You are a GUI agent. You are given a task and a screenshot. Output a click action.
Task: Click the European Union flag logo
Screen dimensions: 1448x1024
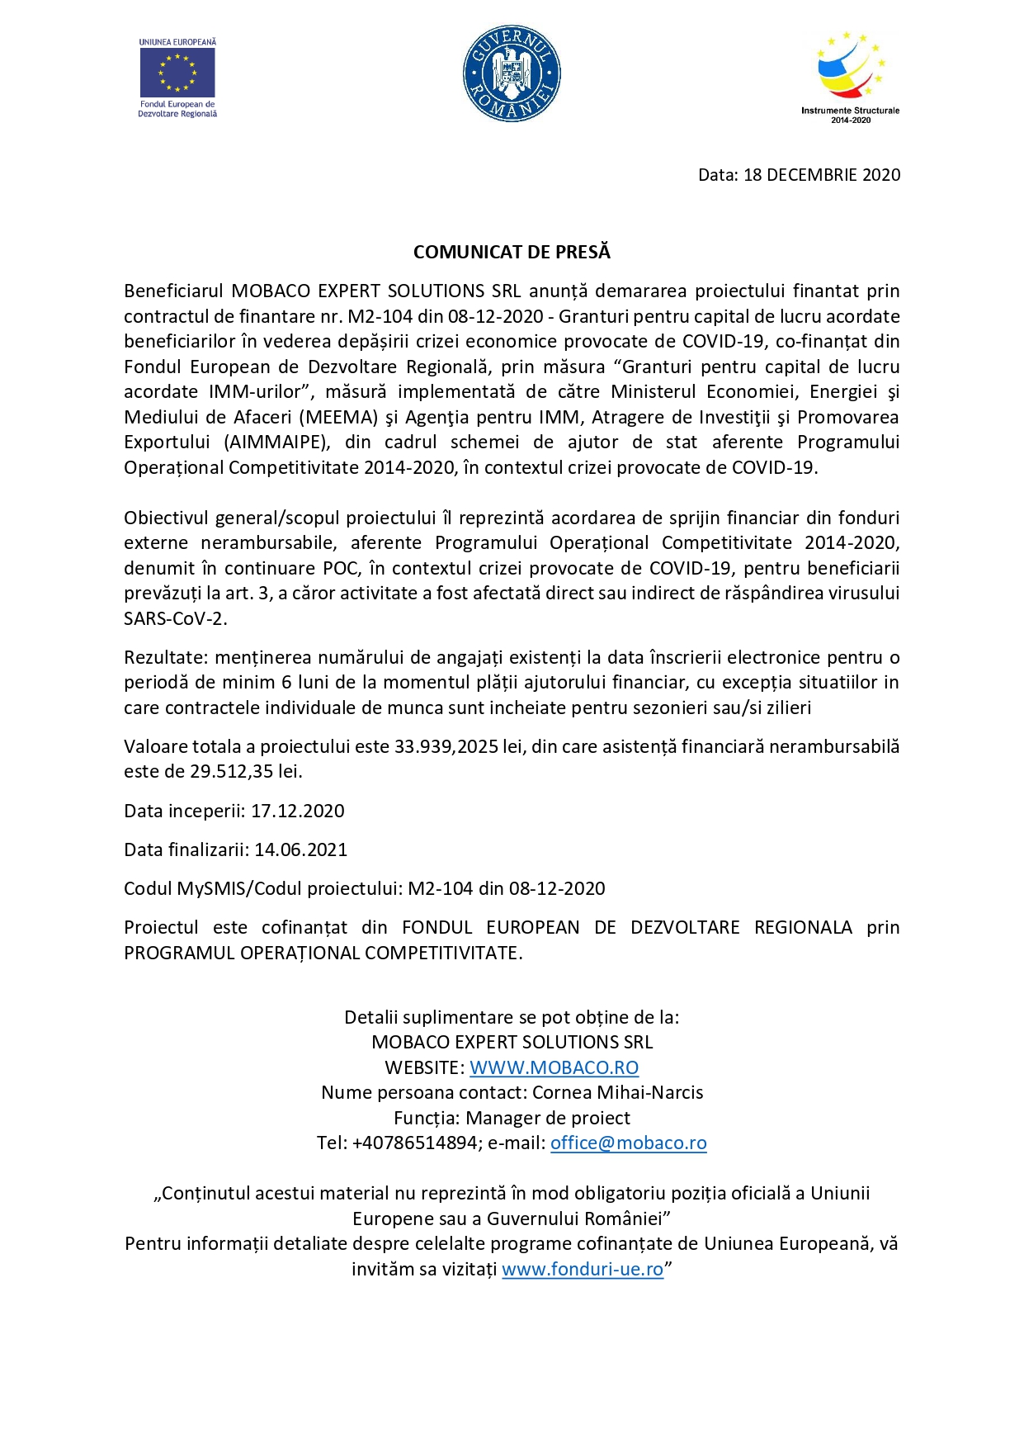tap(177, 73)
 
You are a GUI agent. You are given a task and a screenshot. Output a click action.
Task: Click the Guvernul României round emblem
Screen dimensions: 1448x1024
tap(512, 73)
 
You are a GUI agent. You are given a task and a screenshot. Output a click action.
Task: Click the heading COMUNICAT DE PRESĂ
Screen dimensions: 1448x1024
tap(512, 253)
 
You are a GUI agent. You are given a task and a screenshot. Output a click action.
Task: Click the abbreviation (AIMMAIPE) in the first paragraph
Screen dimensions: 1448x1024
tap(276, 442)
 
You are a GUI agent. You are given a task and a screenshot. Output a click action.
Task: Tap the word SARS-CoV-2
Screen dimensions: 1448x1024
tap(175, 618)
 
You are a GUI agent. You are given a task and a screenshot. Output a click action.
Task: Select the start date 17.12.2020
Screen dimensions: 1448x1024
tap(298, 812)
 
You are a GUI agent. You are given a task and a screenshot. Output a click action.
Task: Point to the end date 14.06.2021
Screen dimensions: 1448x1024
tap(301, 850)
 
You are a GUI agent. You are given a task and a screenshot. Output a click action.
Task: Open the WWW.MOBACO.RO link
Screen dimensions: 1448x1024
tap(554, 1068)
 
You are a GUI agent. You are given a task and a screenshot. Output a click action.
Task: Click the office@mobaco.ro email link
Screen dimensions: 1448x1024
tap(628, 1143)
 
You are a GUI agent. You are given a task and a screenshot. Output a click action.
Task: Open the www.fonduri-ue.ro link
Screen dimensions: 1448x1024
tap(583, 1270)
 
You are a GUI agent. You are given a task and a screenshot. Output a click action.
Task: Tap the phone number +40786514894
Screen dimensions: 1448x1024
tap(415, 1143)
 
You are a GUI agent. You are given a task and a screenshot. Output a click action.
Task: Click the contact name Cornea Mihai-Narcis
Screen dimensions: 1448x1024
tap(617, 1093)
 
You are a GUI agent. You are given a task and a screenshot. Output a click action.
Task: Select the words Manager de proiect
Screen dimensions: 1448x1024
tap(548, 1119)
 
